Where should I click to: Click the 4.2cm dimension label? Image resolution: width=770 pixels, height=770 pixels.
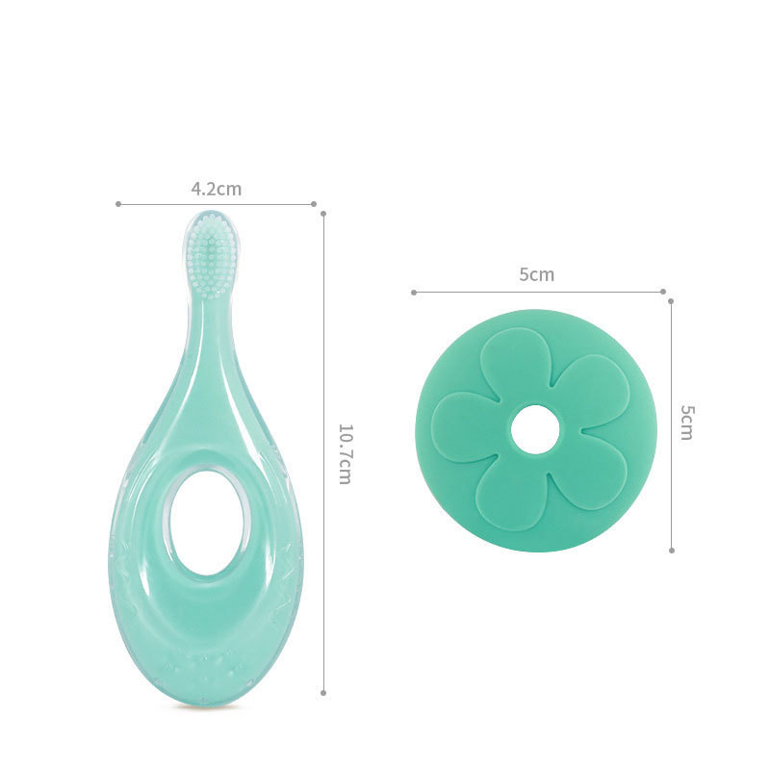216,189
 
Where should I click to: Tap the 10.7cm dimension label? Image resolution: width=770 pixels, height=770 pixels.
345,454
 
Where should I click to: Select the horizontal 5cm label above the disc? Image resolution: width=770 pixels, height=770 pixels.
537,274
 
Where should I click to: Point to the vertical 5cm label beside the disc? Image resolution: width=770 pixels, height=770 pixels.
687,423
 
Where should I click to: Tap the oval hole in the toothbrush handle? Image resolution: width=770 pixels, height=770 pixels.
209,523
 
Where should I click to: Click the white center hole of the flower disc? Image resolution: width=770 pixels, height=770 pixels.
536,429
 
